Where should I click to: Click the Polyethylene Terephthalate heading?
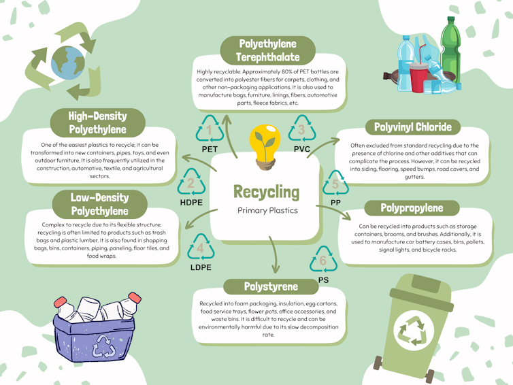click(267, 51)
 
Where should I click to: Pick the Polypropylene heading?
click(412, 208)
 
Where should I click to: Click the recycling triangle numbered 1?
click(210, 129)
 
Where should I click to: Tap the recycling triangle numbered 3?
click(301, 129)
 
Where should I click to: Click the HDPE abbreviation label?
click(192, 202)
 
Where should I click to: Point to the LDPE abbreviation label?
click(201, 266)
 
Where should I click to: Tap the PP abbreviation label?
click(335, 203)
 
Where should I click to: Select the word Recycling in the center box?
click(266, 191)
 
